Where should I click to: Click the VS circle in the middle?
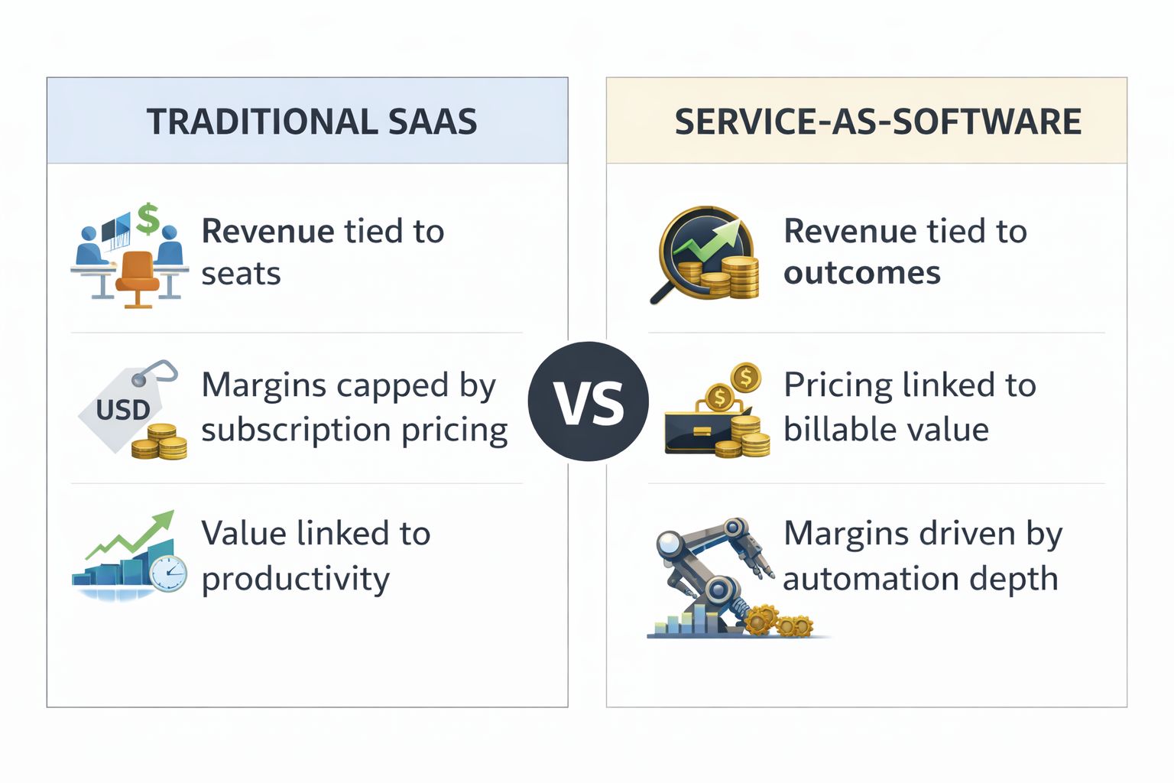pyautogui.click(x=588, y=401)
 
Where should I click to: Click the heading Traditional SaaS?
pyautogui.click(x=312, y=122)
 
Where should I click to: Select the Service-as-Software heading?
pyautogui.click(x=878, y=122)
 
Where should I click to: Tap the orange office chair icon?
pyautogui.click(x=138, y=279)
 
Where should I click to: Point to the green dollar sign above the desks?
pyautogui.click(x=148, y=218)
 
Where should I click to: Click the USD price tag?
pyautogui.click(x=124, y=407)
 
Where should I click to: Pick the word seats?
pyautogui.click(x=241, y=275)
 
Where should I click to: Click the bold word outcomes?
pyautogui.click(x=862, y=273)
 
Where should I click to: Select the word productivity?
pyautogui.click(x=296, y=580)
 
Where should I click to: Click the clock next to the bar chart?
pyautogui.click(x=168, y=573)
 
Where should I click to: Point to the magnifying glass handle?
pyautogui.click(x=663, y=292)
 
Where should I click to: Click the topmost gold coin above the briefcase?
pyautogui.click(x=746, y=376)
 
